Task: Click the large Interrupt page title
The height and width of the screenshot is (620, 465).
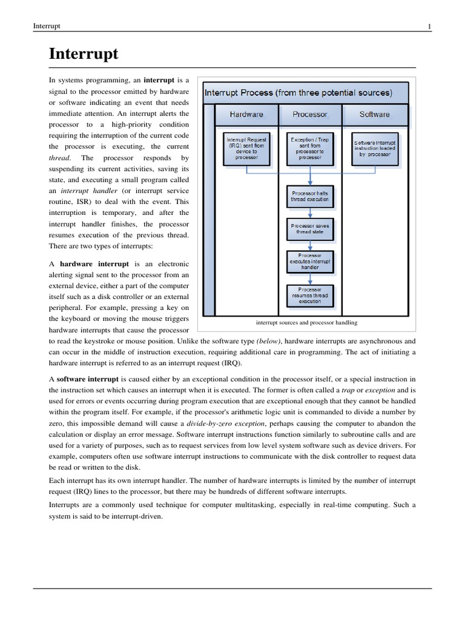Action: click(x=84, y=54)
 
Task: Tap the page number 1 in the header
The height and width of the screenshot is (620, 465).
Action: click(x=429, y=26)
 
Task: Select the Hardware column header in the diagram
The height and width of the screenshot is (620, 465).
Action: click(x=246, y=114)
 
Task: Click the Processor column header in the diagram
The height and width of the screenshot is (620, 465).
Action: click(x=309, y=114)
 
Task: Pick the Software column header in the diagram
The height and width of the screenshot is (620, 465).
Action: click(x=375, y=114)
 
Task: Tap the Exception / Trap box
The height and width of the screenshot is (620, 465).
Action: click(x=310, y=148)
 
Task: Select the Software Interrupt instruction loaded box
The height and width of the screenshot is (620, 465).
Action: click(x=375, y=148)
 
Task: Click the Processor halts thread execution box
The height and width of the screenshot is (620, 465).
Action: click(x=310, y=195)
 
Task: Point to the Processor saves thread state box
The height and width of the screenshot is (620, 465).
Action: click(x=310, y=228)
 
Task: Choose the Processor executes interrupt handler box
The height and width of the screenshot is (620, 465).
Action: click(x=310, y=261)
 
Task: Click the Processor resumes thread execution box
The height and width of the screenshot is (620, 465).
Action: click(x=310, y=295)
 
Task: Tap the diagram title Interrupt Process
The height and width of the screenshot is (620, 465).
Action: click(x=298, y=93)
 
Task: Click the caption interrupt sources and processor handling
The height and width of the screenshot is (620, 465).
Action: click(x=306, y=323)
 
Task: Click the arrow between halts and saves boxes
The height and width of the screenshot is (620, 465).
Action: click(x=310, y=213)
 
